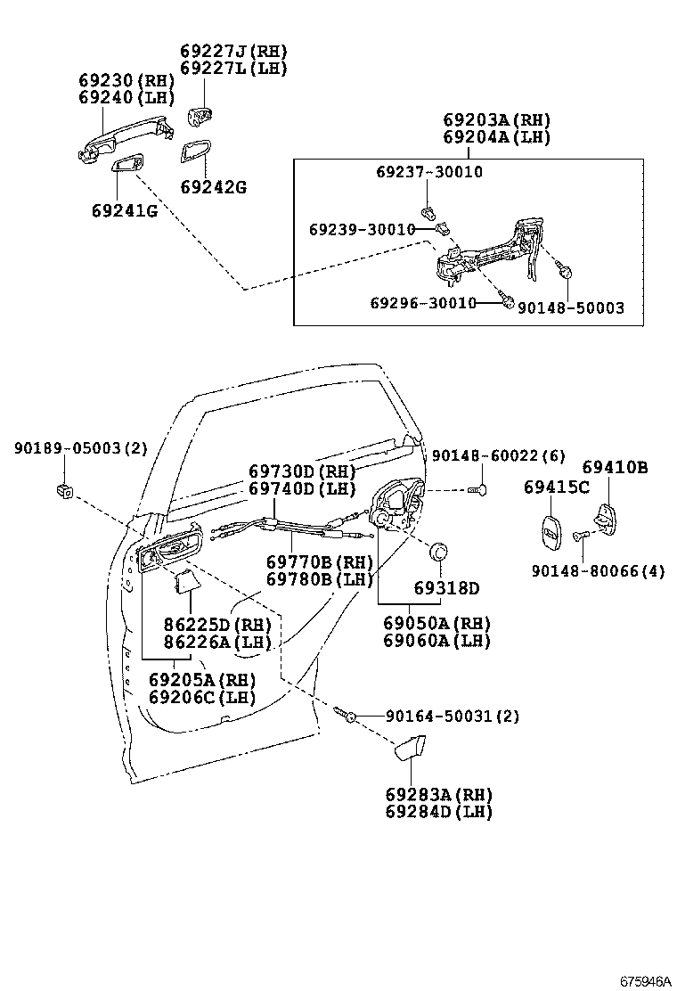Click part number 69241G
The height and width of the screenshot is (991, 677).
click(124, 211)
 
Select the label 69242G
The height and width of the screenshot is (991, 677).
click(213, 187)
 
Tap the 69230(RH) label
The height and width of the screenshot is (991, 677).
click(125, 80)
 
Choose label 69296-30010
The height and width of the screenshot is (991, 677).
click(423, 303)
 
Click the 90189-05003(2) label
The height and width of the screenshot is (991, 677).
click(80, 449)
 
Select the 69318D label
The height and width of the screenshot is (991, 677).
click(446, 588)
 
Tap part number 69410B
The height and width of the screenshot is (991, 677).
click(616, 467)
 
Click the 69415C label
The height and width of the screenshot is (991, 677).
click(557, 487)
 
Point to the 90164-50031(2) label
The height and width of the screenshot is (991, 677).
click(452, 716)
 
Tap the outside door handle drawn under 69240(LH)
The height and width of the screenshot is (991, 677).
click(116, 140)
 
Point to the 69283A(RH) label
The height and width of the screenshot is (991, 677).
click(438, 794)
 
